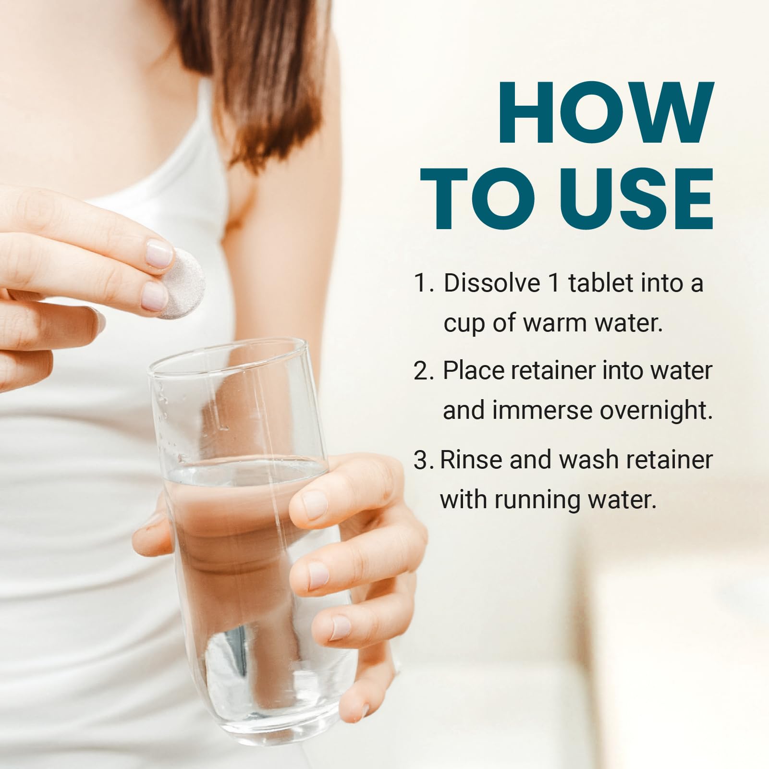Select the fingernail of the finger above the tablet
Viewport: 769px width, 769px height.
coord(158,254)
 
